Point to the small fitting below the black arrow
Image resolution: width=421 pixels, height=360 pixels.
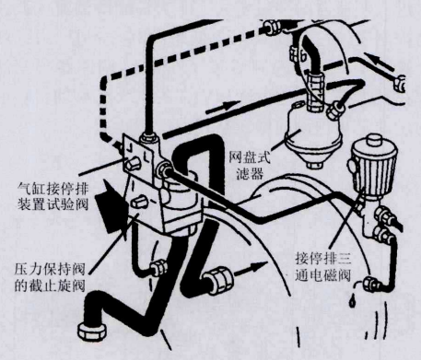coord(159,270)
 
